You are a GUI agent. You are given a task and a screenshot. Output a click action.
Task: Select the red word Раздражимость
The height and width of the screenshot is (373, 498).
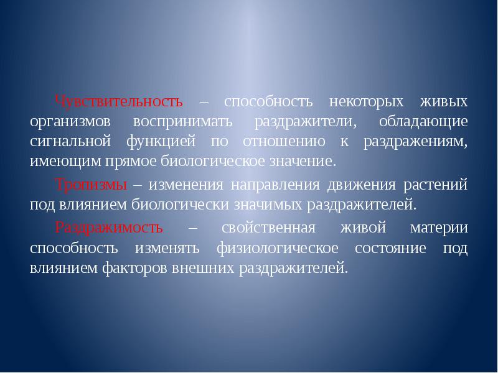pyautogui.click(x=109, y=227)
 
